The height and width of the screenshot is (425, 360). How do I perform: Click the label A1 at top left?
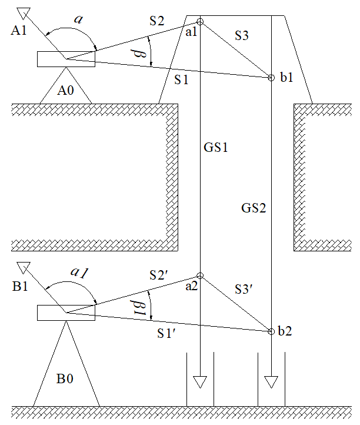coord(19,31)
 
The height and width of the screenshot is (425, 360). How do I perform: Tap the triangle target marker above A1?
coord(24,12)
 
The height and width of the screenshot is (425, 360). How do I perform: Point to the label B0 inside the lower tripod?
coord(65,378)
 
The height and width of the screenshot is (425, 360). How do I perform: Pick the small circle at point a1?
coord(200,22)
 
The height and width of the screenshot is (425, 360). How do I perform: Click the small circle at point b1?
coord(271,77)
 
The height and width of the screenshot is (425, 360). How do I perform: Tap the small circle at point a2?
coord(200,275)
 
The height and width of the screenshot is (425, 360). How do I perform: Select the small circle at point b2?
coord(271,332)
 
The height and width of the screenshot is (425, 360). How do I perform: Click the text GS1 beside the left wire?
coord(216,147)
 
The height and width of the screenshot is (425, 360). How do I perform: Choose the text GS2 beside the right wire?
coord(254,207)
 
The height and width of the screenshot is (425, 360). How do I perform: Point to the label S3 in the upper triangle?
coord(242,36)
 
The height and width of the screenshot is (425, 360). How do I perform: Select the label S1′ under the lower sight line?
coord(169,333)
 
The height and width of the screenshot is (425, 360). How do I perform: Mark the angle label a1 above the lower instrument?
coord(79,273)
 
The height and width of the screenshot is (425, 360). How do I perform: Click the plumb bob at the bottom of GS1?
coord(200,382)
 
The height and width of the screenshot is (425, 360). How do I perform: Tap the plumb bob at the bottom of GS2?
coord(271,382)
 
